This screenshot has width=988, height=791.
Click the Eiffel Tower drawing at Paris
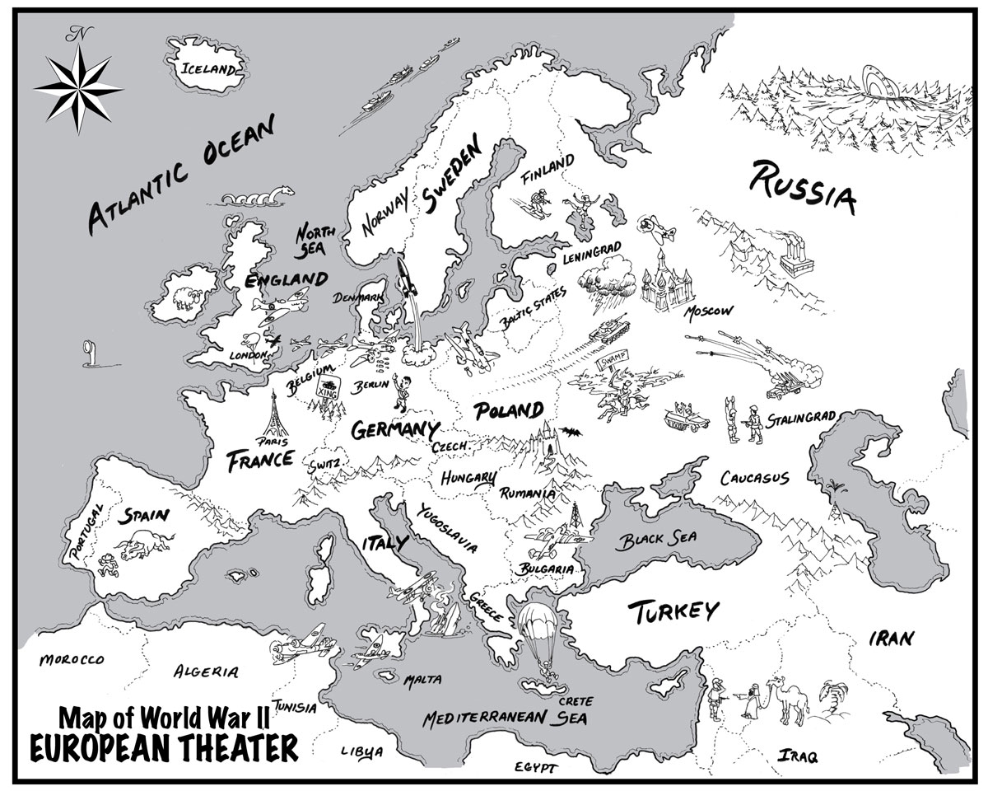click(276, 416)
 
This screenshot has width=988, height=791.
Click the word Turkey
click(673, 611)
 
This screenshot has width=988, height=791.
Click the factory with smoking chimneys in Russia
click(795, 251)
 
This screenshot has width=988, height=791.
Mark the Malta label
click(422, 680)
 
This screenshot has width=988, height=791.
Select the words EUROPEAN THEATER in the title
click(164, 747)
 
